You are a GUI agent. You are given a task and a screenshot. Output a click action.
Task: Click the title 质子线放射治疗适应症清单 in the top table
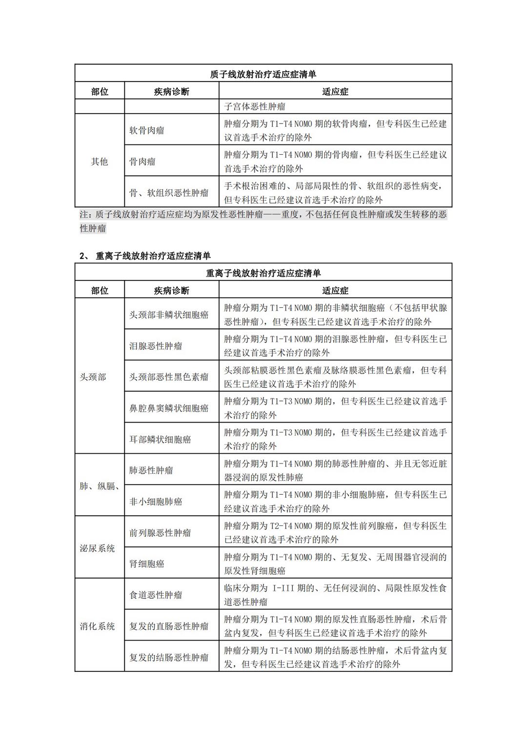(x=263, y=74)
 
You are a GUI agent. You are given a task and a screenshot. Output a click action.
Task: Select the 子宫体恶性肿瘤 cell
(x=255, y=106)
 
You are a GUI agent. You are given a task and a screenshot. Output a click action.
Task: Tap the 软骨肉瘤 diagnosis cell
(x=146, y=130)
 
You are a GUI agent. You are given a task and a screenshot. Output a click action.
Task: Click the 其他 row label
(x=100, y=161)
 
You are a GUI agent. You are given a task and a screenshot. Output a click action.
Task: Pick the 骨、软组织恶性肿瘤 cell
(x=169, y=193)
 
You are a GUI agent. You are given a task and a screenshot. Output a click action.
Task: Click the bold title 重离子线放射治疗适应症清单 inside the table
(x=263, y=273)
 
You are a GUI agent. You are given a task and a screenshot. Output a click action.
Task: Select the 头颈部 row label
(x=93, y=377)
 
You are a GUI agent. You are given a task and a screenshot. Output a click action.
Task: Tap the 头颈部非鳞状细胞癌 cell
(x=169, y=315)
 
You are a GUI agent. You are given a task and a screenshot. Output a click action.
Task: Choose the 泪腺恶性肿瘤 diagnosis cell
(x=156, y=346)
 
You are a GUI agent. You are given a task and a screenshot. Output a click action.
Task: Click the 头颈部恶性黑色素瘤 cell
(x=169, y=377)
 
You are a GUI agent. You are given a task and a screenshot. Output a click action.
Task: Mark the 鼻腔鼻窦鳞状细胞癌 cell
(x=169, y=408)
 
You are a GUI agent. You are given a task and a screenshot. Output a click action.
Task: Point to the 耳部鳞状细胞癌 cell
(x=160, y=440)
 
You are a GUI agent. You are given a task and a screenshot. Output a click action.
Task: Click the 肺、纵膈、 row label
(x=100, y=486)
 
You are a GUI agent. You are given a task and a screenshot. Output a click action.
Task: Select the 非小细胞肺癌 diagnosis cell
(x=156, y=502)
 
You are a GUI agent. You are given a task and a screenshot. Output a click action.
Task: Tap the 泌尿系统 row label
(x=98, y=548)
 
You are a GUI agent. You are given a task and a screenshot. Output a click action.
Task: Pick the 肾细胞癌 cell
(x=146, y=564)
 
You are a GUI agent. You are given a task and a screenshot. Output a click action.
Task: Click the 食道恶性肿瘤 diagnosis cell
(x=156, y=595)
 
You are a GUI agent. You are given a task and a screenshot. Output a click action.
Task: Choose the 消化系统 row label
(x=98, y=626)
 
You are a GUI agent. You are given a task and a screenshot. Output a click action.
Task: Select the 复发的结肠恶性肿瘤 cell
(x=169, y=658)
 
